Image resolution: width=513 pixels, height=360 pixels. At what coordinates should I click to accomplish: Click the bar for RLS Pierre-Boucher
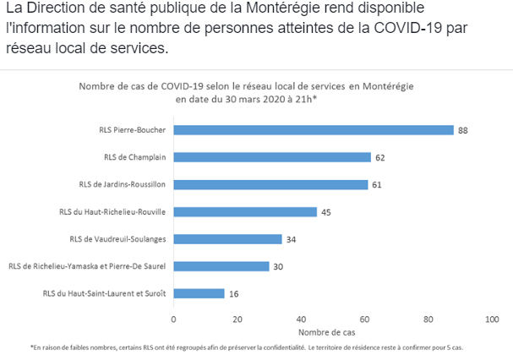click(314, 130)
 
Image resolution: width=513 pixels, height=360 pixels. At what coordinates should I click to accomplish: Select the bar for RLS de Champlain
click(272, 157)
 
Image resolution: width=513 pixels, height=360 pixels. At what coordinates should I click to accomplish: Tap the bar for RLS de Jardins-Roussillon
click(270, 184)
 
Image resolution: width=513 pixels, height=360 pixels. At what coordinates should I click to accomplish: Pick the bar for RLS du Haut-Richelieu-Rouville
click(245, 212)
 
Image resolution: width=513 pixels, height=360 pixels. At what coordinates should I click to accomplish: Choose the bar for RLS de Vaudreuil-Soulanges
click(227, 239)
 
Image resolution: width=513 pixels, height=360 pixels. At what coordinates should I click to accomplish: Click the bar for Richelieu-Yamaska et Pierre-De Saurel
click(221, 266)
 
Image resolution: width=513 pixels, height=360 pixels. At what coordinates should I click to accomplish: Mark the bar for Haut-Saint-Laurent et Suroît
click(199, 293)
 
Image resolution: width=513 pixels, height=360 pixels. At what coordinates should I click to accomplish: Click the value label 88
click(463, 130)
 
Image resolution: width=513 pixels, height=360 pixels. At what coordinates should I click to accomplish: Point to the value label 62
click(380, 157)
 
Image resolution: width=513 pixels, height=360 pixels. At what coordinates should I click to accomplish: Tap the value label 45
click(326, 212)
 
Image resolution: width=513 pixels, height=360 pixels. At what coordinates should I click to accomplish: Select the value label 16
click(233, 293)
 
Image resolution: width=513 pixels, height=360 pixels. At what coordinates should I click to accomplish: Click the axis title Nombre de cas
click(332, 332)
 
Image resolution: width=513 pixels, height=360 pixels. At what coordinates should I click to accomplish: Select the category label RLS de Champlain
click(134, 157)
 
